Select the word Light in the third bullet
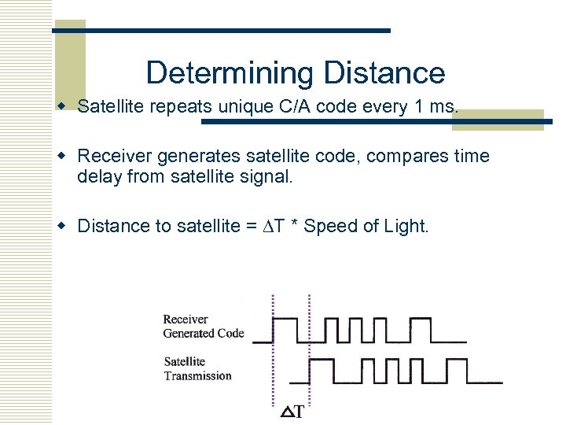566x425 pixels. (x=406, y=227)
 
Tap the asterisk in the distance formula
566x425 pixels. (x=296, y=227)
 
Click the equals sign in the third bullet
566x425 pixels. (x=252, y=227)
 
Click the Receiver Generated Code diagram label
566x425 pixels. (x=203, y=327)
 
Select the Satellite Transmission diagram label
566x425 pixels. (x=197, y=369)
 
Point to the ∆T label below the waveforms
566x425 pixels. (x=292, y=412)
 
